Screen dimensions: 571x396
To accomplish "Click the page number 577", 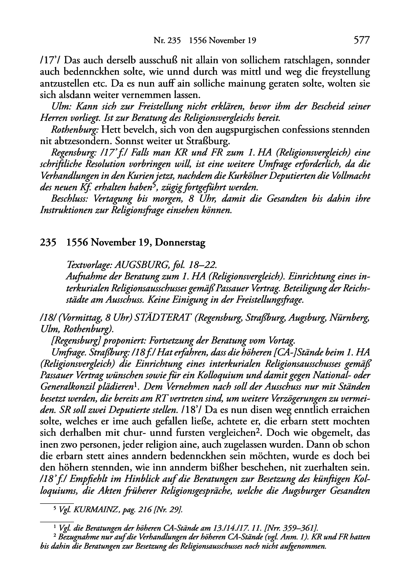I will (361, 40).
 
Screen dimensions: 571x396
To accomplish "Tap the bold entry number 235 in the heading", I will (48, 242).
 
